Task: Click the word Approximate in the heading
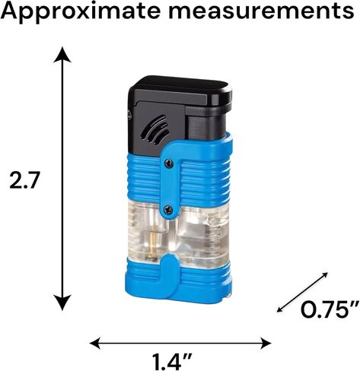pyautogui.click(x=81, y=11)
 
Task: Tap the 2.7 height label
pyautogui.click(x=24, y=180)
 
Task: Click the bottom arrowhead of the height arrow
pyautogui.click(x=62, y=303)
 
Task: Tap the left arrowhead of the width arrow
pyautogui.click(x=96, y=344)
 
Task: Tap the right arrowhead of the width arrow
pyautogui.click(x=265, y=344)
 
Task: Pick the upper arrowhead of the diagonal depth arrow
pyautogui.click(x=324, y=276)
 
